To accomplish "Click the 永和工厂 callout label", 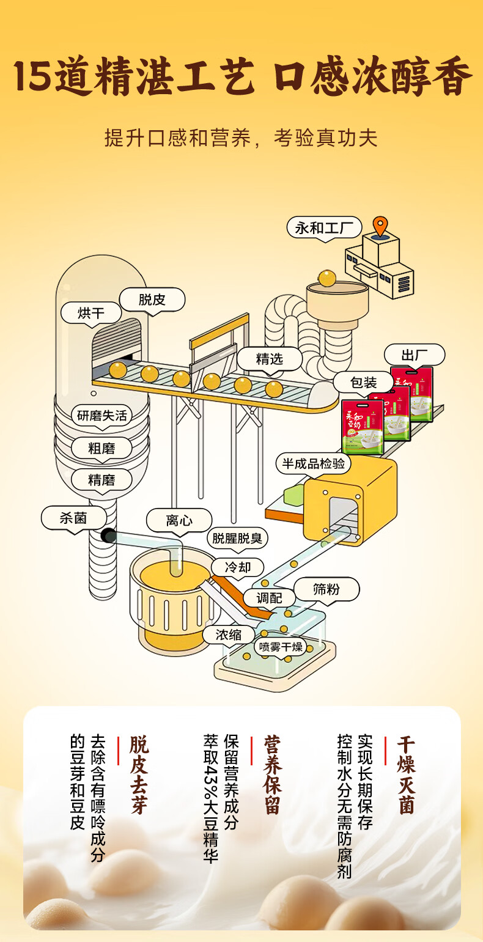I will point(324,229).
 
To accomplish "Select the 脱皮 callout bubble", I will point(152,300).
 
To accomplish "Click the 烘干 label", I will point(91,314).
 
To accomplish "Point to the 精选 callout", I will point(270,359).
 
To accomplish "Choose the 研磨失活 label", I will point(102,416).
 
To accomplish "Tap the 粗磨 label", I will point(101,448).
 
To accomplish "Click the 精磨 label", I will point(101,480).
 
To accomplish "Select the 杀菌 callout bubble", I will point(73,518).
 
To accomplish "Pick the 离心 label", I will point(179,520).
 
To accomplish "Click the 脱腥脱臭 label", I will point(238,539).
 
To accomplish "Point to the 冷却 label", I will point(238,567).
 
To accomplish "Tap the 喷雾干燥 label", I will point(281,647).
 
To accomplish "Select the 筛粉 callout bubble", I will point(326,589).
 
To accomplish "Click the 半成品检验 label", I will point(313,463).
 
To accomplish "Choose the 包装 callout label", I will point(363,383).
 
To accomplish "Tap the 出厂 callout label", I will point(414,355).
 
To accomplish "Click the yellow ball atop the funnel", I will point(327,278).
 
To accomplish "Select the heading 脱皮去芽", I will point(139,775).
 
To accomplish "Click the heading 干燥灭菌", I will point(406,775).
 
